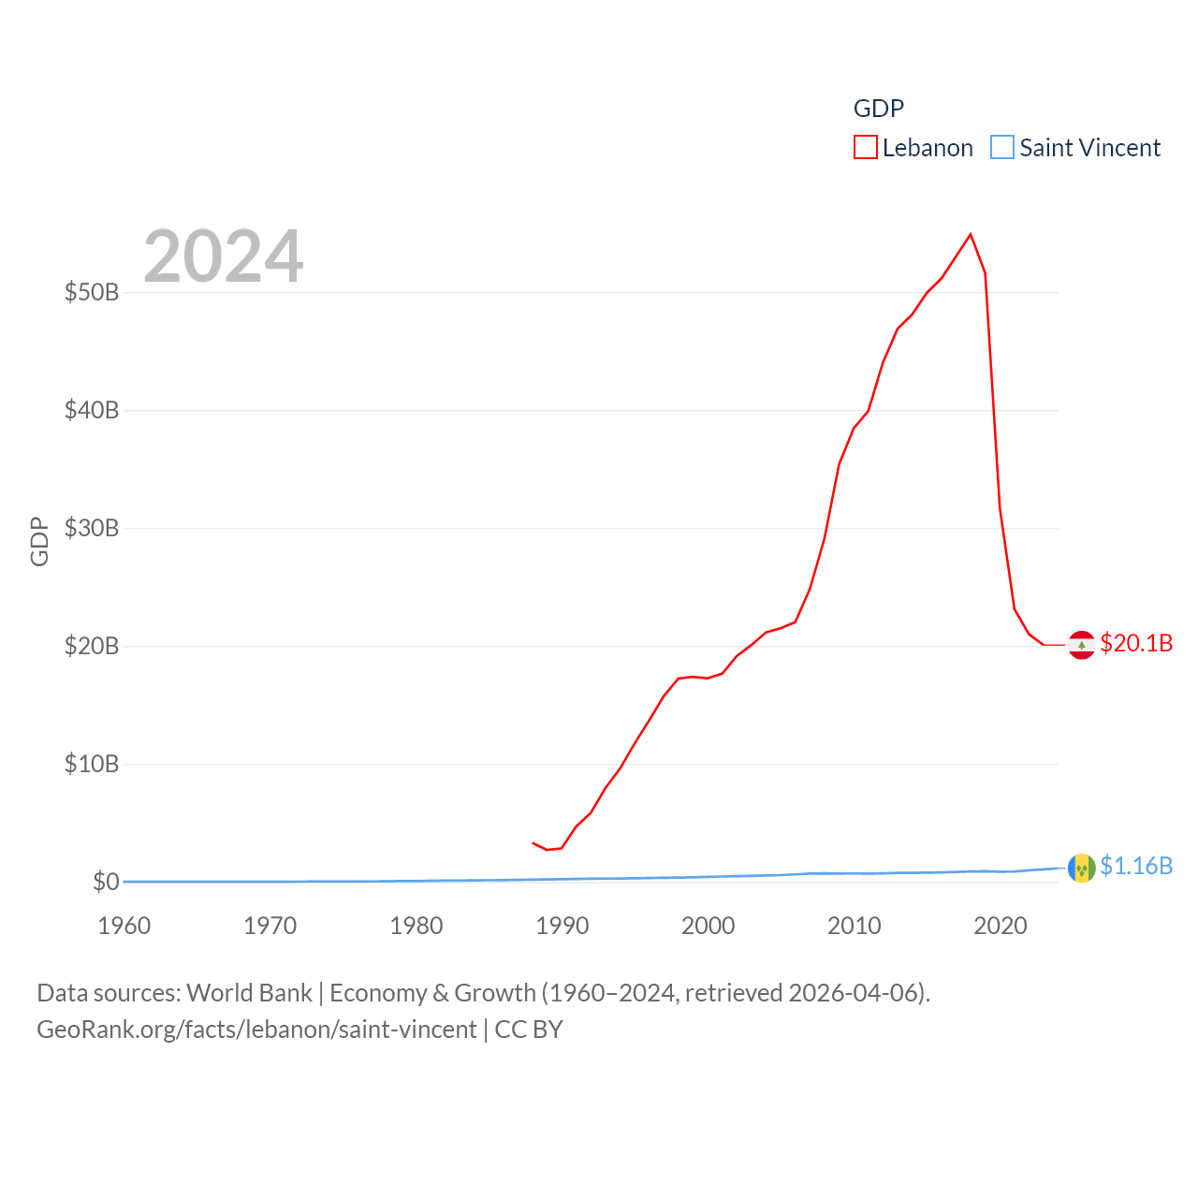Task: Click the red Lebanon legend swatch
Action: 866,148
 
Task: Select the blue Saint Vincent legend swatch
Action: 1002,148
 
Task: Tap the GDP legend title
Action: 878,109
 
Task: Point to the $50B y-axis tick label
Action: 92,293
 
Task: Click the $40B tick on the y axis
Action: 92,411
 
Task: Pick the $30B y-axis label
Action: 92,529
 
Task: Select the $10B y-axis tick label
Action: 92,765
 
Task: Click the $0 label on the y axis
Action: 106,883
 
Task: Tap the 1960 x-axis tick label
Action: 124,926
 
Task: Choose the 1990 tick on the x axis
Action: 562,926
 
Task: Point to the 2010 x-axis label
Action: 855,926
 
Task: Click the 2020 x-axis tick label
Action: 1001,926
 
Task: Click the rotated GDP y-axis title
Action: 39,541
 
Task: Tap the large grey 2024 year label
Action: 224,256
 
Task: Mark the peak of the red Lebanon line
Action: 971,234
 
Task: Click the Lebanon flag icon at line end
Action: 1082,645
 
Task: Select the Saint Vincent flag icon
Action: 1082,869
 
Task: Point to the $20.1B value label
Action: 1136,643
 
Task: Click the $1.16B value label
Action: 1136,866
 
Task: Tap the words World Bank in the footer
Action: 250,993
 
